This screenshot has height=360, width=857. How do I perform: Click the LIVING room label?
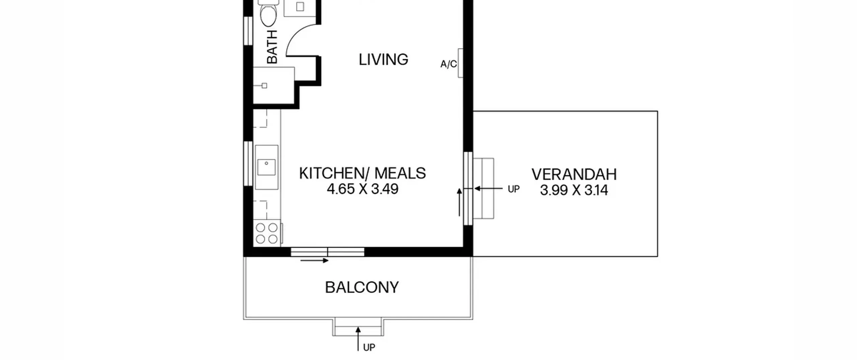383,60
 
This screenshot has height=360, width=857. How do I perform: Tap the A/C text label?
449,64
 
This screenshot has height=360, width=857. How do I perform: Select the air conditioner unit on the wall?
461,63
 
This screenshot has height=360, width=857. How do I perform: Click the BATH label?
272,47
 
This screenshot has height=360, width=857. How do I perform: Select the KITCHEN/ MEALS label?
362,173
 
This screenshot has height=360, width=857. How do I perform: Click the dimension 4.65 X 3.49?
363,189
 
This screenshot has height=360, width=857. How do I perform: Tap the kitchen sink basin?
266,167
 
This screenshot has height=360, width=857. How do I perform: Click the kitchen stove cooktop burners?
267,233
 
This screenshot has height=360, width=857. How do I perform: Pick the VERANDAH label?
574,174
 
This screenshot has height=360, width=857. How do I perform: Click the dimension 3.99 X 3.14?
574,190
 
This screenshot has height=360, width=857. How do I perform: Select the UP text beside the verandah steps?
514,189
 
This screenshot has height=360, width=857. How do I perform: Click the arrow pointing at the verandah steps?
488,189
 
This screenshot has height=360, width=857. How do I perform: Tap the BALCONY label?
362,288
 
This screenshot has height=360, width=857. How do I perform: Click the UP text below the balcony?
369,348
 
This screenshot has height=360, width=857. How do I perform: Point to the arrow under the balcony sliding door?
314,261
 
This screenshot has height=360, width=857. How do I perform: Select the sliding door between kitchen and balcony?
327,252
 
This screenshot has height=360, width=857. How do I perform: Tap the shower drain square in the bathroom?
264,86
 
